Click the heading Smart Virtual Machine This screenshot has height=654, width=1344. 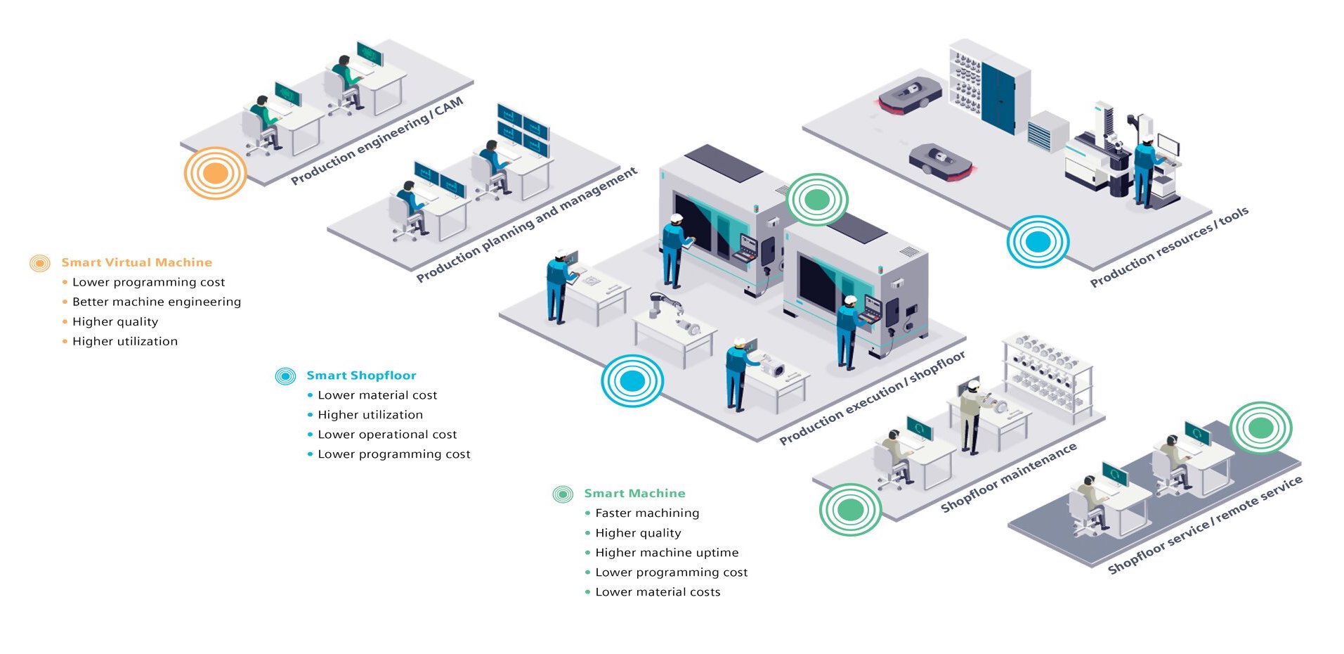pyautogui.click(x=136, y=262)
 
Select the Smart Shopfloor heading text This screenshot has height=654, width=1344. pyautogui.click(x=361, y=376)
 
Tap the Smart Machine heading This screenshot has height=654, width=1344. pyautogui.click(x=634, y=494)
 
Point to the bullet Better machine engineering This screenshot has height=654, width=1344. pyautogui.click(x=156, y=302)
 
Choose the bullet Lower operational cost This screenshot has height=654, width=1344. pyautogui.click(x=387, y=435)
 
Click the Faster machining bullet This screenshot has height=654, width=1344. pyautogui.click(x=647, y=513)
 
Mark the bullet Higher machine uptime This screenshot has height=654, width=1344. pyautogui.click(x=667, y=553)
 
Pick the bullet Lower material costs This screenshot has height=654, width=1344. pyautogui.click(x=658, y=592)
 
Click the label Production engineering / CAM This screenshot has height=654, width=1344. pyautogui.click(x=377, y=141)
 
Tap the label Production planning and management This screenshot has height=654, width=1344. pyautogui.click(x=527, y=224)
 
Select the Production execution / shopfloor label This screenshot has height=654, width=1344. pyautogui.click(x=872, y=398)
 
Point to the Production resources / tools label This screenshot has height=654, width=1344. pyautogui.click(x=1169, y=247)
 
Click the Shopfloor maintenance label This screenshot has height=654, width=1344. pyautogui.click(x=1008, y=477)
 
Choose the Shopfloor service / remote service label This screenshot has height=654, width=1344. pyautogui.click(x=1205, y=525)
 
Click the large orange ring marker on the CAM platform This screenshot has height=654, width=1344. pyautogui.click(x=216, y=173)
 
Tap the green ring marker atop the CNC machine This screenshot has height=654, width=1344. pyautogui.click(x=817, y=200)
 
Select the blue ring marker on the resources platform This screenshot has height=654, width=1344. pyautogui.click(x=1038, y=242)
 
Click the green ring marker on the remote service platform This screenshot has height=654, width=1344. pyautogui.click(x=1261, y=428)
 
